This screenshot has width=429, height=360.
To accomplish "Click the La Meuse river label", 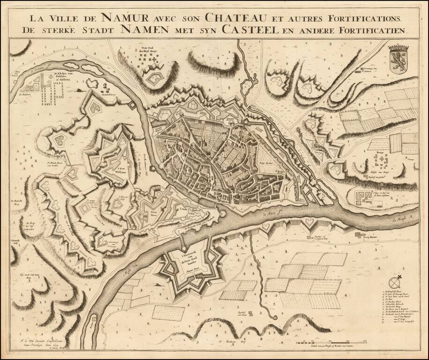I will pos(399,218).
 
